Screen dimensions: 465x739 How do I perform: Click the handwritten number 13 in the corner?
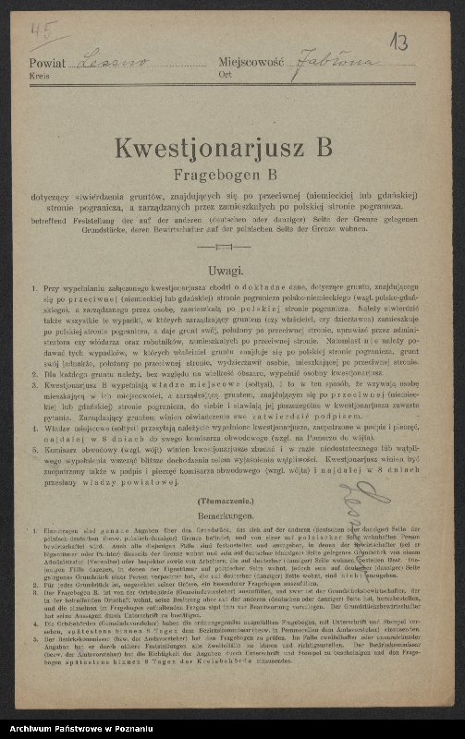398,41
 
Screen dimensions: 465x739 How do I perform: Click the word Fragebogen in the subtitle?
214,173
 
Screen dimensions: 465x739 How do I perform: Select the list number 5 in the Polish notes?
33,454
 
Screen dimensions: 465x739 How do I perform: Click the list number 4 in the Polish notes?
33,429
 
